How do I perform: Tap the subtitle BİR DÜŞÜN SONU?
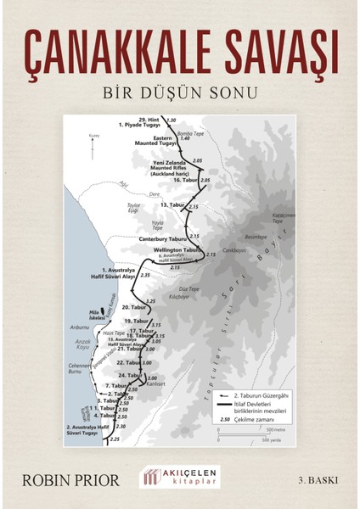(x=180, y=90)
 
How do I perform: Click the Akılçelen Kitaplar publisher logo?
(x=179, y=478)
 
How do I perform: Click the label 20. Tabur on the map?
(x=133, y=306)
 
